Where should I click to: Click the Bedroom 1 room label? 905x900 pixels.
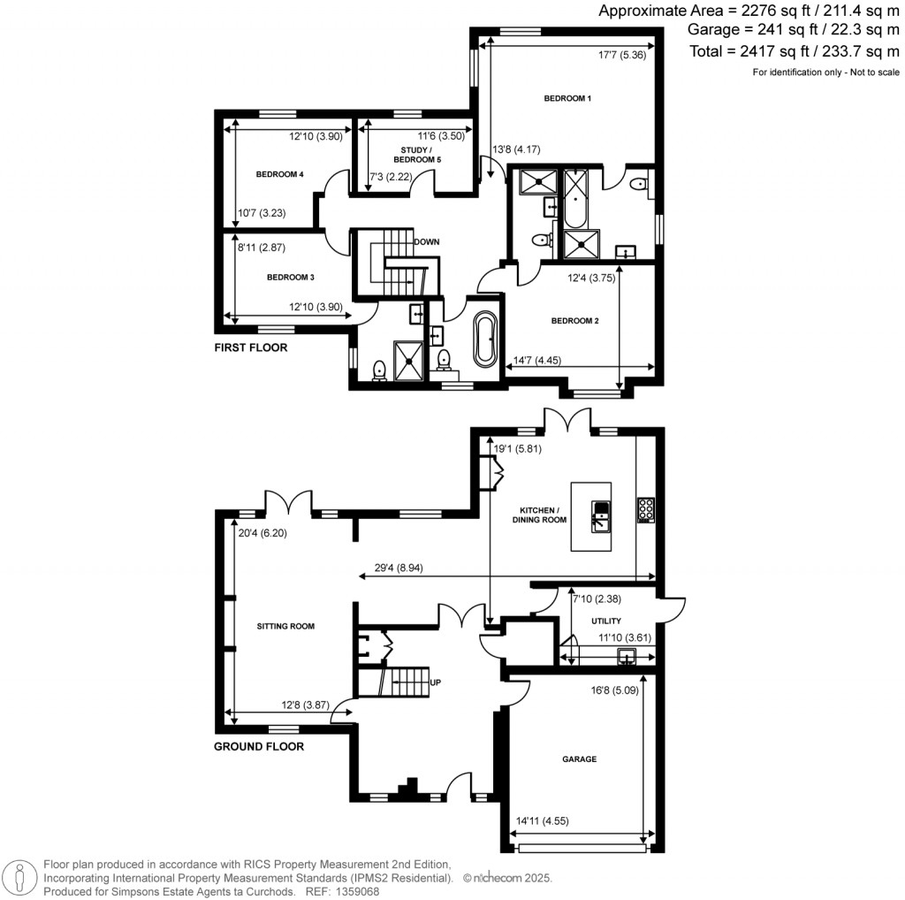pyautogui.click(x=567, y=98)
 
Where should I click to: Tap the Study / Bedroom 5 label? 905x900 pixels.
pyautogui.click(x=417, y=155)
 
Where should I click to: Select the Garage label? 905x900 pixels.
pyautogui.click(x=580, y=759)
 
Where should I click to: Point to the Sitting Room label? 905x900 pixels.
pyautogui.click(x=285, y=626)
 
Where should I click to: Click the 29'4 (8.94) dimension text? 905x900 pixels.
pyautogui.click(x=399, y=568)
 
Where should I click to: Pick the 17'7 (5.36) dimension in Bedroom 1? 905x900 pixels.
pyautogui.click(x=622, y=55)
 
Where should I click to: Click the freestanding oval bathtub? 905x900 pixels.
pyautogui.click(x=485, y=339)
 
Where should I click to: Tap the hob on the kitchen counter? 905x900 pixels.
pyautogui.click(x=646, y=510)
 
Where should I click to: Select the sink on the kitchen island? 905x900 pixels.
pyautogui.click(x=601, y=515)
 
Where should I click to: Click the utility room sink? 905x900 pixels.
pyautogui.click(x=627, y=656)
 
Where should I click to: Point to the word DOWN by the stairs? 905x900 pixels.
pyautogui.click(x=427, y=242)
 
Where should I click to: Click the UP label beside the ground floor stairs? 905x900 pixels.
pyautogui.click(x=435, y=683)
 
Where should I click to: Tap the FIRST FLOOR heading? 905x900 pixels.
pyautogui.click(x=250, y=347)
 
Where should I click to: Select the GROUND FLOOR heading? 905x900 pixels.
pyautogui.click(x=259, y=746)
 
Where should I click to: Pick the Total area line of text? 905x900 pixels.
pyautogui.click(x=795, y=51)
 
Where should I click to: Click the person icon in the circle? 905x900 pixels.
pyautogui.click(x=19, y=878)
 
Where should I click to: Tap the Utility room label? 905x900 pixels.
pyautogui.click(x=606, y=622)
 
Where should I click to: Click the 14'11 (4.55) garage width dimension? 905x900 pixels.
pyautogui.click(x=542, y=821)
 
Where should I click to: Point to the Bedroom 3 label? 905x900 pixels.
pyautogui.click(x=290, y=277)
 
